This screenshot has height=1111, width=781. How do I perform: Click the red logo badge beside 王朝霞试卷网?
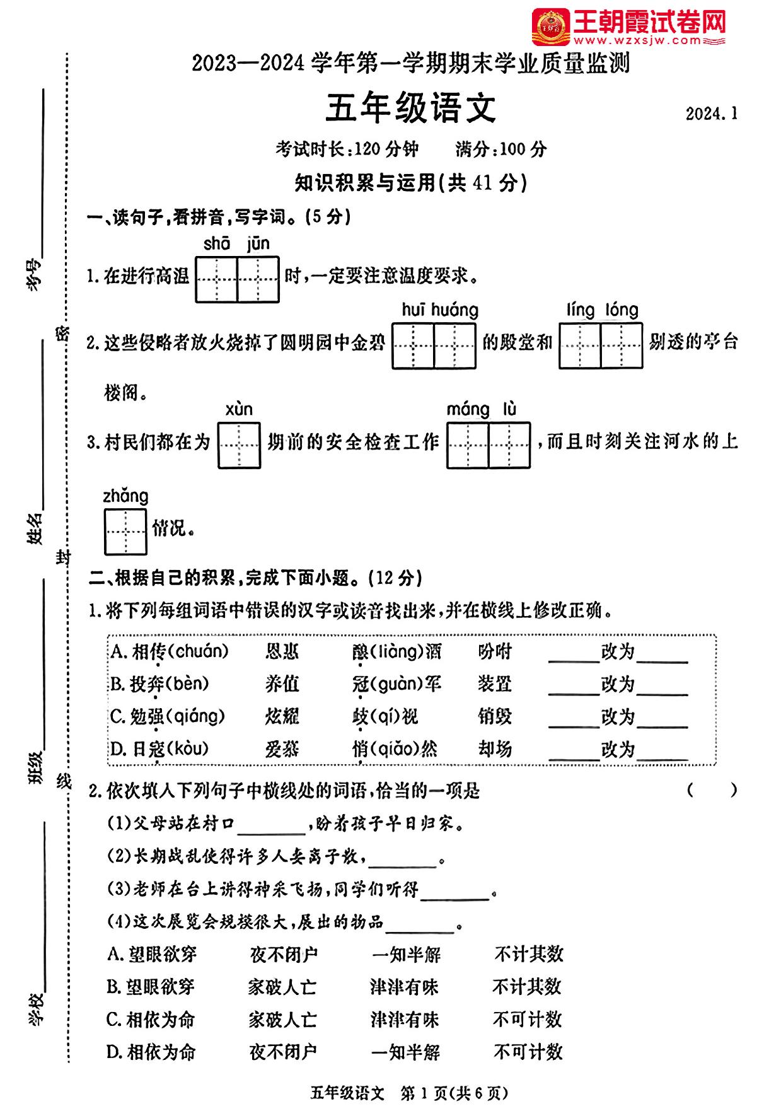pos(550,27)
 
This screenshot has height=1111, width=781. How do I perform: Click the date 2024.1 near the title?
pos(711,113)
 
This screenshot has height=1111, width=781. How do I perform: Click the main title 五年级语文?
pos(410,108)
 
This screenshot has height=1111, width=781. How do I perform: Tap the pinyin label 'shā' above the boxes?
pos(216,243)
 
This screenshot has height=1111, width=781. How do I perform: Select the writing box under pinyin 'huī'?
pos(413,346)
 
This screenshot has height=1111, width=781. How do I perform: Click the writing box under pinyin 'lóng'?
pos(622,346)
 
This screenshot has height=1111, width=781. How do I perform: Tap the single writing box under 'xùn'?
pos(240,445)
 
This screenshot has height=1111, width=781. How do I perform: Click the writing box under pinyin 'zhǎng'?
pos(125,532)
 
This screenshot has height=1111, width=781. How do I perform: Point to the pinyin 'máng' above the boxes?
pos(468,410)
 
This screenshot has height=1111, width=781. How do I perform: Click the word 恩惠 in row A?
pos(282,651)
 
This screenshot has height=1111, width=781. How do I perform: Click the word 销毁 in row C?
pos(495,717)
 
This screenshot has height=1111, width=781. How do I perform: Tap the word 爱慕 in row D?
pos(282,749)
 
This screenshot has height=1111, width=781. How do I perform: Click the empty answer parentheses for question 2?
pos(712,790)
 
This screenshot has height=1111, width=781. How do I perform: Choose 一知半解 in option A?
pos(406,955)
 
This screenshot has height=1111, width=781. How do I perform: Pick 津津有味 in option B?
pos(404,987)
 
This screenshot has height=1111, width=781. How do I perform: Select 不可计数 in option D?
pos(528,1052)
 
